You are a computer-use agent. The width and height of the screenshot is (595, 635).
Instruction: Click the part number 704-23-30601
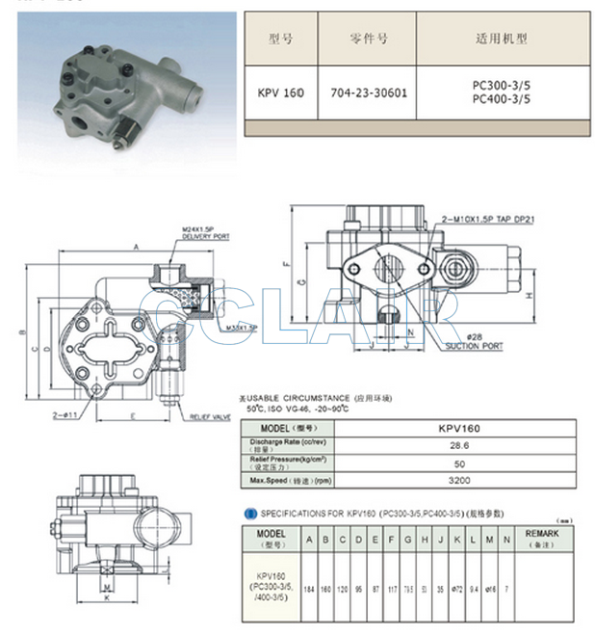368,94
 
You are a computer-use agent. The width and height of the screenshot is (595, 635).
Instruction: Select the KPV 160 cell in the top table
279,94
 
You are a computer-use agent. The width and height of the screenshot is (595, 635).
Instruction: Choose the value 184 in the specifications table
309,587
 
